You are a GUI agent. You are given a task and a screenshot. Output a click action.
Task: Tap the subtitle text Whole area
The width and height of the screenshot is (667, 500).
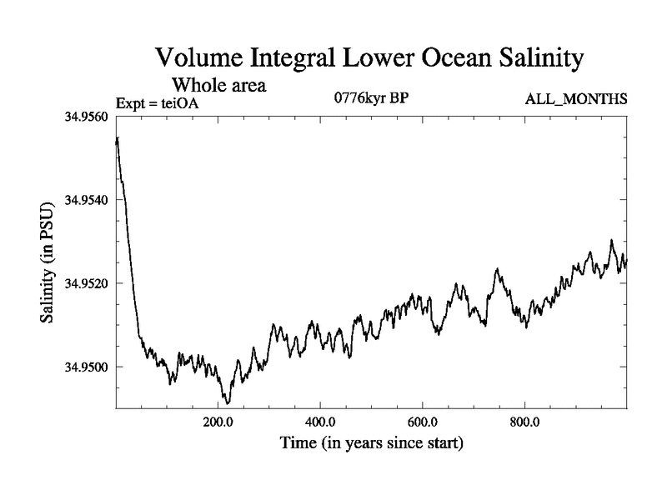pos(219,84)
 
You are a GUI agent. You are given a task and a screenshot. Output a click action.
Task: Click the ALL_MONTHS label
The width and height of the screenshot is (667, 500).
pos(575,100)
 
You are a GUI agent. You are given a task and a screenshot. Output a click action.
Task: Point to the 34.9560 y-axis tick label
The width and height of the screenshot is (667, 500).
pos(86,117)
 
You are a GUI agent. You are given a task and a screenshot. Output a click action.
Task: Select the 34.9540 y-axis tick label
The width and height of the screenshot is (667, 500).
pos(86,200)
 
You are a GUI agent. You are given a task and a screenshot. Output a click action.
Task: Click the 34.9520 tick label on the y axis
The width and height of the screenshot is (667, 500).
pos(86,283)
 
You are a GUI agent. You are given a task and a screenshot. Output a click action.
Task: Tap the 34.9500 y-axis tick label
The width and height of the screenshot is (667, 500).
pos(86,367)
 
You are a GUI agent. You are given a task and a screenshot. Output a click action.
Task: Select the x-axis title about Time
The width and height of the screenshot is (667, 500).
pos(370,442)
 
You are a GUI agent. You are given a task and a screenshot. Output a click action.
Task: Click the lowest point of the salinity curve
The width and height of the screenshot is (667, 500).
pos(227,403)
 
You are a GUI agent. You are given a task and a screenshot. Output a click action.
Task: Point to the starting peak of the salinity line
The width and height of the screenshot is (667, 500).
pos(118,138)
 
